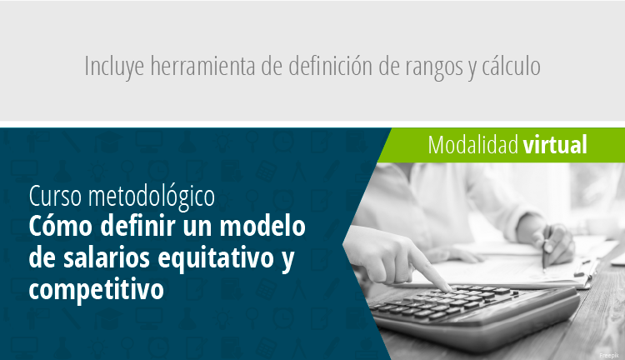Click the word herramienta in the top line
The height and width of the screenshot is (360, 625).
click(x=202, y=66)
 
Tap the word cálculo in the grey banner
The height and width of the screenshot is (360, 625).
click(x=511, y=66)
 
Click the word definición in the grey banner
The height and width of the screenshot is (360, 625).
click(x=331, y=66)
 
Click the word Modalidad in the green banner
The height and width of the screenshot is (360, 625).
click(x=472, y=144)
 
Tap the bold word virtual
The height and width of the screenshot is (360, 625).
click(x=555, y=144)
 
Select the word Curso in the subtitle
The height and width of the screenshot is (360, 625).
click(x=55, y=196)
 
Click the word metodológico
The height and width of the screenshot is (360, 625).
click(x=152, y=197)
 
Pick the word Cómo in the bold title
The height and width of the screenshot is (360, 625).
click(x=61, y=226)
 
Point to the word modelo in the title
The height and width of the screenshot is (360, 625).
click(x=262, y=226)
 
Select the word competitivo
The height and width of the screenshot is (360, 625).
click(x=96, y=290)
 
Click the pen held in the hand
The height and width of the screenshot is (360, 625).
click(x=546, y=250)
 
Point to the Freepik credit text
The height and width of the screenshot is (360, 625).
click(x=609, y=355)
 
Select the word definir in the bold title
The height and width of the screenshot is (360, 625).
click(x=137, y=226)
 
